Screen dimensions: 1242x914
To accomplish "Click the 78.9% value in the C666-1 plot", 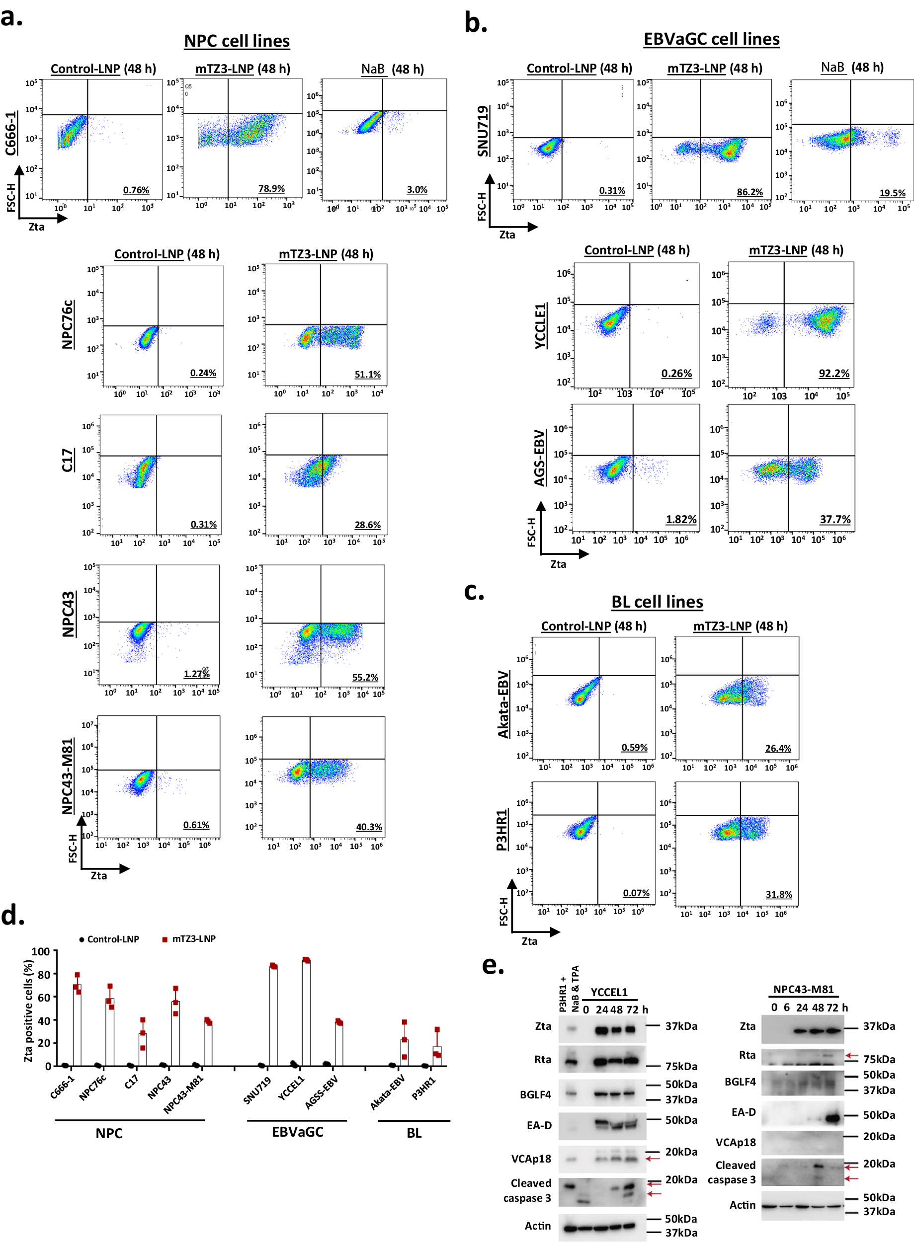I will pyautogui.click(x=271, y=189).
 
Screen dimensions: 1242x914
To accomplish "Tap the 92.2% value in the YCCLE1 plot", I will pyautogui.click(x=833, y=373).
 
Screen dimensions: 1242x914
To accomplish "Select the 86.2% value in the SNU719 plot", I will pyautogui.click(x=749, y=192).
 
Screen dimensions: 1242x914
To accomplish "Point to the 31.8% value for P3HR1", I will pyautogui.click(x=778, y=894).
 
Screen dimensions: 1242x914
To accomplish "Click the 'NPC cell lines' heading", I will pyautogui.click(x=236, y=41).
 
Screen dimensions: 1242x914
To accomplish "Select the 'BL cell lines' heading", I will pyautogui.click(x=657, y=602).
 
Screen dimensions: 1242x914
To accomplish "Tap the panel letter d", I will pyautogui.click(x=12, y=915).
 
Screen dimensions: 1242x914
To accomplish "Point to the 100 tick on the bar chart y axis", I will pyautogui.click(x=41, y=952).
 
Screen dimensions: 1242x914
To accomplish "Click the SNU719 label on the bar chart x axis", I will pyautogui.click(x=257, y=1089).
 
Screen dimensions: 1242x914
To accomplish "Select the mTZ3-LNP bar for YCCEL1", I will pyautogui.click(x=306, y=1012).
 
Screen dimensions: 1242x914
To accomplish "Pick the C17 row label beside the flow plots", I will pyautogui.click(x=68, y=460).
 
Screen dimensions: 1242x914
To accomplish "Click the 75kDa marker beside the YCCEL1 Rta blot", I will pyautogui.click(x=681, y=1066).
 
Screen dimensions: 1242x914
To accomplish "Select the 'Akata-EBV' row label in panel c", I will pyautogui.click(x=503, y=704).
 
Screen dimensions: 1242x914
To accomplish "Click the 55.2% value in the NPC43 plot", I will pyautogui.click(x=365, y=678).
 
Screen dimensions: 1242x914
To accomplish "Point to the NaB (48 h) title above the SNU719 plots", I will pyautogui.click(x=851, y=68).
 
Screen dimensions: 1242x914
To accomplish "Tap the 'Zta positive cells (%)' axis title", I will pyautogui.click(x=28, y=1010).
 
